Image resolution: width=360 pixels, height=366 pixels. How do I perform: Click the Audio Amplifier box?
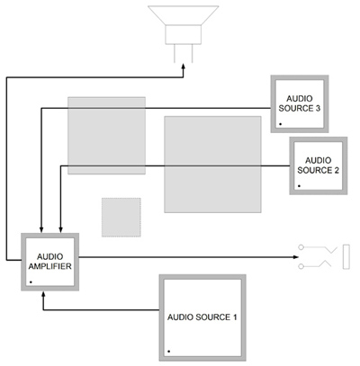50,262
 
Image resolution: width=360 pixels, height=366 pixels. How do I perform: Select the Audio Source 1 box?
202,317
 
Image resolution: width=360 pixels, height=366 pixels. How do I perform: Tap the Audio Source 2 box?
319,165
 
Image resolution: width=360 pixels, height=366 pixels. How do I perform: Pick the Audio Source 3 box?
300,103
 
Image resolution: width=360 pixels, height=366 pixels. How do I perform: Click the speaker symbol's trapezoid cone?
184,15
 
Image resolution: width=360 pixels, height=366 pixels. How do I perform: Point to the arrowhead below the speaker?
184,67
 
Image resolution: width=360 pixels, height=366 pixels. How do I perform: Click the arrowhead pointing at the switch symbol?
296,257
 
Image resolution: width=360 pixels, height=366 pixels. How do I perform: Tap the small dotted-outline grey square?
121,218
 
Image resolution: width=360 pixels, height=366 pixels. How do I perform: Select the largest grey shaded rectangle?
212,165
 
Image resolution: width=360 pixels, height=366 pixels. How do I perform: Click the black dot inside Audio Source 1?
169,351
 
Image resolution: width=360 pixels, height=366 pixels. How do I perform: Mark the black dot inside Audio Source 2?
299,186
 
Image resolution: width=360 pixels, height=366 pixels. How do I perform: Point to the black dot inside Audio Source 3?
280,124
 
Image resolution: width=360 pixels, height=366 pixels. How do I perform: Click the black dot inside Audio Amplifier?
31,282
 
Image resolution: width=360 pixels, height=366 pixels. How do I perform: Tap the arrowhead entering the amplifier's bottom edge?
43,293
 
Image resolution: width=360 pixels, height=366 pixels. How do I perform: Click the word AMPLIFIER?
50,266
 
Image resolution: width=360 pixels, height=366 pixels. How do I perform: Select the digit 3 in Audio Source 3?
318,108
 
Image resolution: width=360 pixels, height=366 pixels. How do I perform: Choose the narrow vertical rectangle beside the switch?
346,257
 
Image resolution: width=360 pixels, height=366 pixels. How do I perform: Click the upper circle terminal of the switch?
301,247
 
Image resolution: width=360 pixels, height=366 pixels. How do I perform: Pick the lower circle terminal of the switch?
301,266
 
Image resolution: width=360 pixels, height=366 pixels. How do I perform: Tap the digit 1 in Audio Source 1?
235,317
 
